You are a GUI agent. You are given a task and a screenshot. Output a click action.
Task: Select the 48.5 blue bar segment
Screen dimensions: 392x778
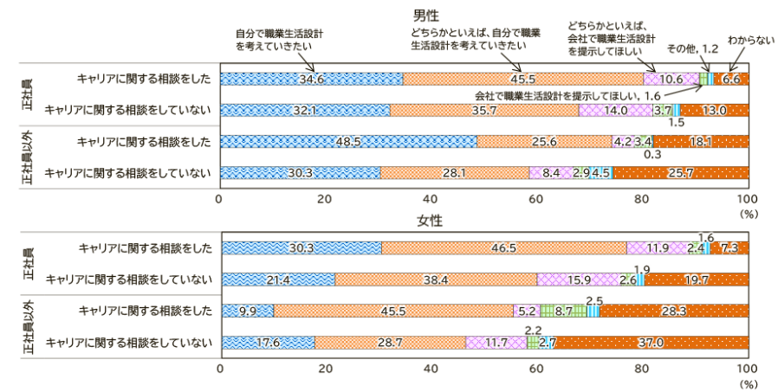coord(348,141)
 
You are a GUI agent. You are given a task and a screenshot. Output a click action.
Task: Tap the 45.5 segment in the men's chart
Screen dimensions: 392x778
coord(523,79)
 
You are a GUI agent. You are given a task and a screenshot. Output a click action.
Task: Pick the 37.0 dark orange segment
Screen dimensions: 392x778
coord(652,343)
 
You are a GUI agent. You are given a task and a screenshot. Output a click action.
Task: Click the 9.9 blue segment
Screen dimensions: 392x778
coord(248,311)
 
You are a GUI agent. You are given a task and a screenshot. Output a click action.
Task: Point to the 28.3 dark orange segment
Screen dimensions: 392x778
coord(674,311)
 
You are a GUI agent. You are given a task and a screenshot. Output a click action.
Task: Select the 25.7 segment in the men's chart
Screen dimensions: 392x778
coord(681,172)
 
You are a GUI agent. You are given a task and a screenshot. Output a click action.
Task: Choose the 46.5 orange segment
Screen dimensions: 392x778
coord(503,248)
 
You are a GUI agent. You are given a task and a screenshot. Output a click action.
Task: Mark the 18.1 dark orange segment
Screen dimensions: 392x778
coord(701,141)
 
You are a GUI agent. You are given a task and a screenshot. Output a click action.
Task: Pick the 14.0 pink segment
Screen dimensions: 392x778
coord(616,110)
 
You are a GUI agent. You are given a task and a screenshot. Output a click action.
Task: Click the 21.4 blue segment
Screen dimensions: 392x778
coord(277,280)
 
